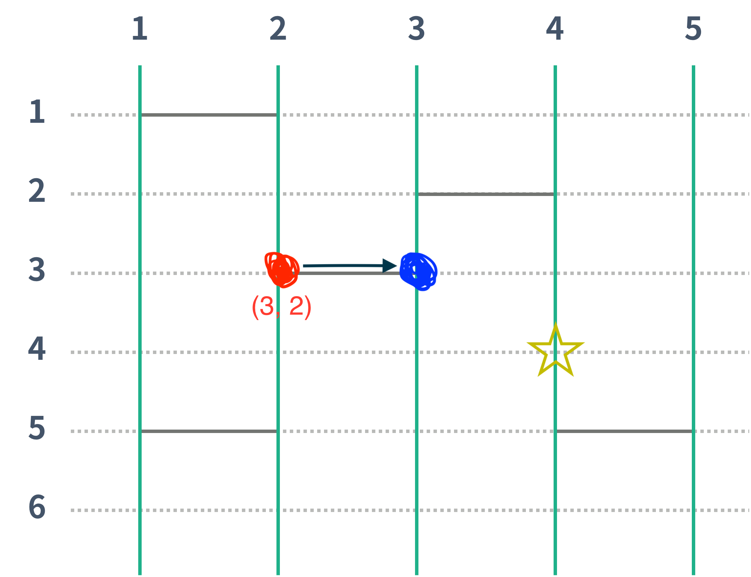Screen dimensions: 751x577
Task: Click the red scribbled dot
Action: click(x=281, y=270)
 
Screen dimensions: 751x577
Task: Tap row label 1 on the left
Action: click(x=37, y=111)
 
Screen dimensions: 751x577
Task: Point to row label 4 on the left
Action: click(x=37, y=349)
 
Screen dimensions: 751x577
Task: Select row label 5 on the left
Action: click(x=37, y=428)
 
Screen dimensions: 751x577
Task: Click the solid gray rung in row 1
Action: click(x=209, y=115)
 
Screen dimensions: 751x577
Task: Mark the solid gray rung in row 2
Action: click(x=486, y=194)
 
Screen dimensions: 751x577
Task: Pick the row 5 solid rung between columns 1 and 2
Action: click(x=209, y=431)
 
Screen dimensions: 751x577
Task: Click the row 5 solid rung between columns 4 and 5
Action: click(x=624, y=431)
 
